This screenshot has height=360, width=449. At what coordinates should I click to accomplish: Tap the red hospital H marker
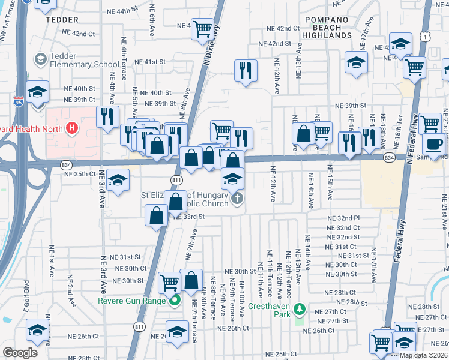click(x=71, y=127)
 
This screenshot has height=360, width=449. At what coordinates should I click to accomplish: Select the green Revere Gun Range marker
click(x=175, y=301)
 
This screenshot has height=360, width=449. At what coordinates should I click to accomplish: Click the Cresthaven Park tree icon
click(x=300, y=310)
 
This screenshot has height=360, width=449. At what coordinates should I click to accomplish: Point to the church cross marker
click(x=237, y=199)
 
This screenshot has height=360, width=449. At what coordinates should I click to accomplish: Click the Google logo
click(x=20, y=353)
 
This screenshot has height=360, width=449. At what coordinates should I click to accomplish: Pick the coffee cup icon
click(x=434, y=143)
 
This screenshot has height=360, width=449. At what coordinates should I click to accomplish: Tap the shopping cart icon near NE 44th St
click(x=203, y=28)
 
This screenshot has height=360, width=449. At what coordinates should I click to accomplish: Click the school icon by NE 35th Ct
click(x=118, y=180)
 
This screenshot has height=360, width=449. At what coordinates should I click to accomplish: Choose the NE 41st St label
click(x=149, y=62)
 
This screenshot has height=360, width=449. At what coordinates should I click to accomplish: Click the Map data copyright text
click(x=423, y=355)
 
